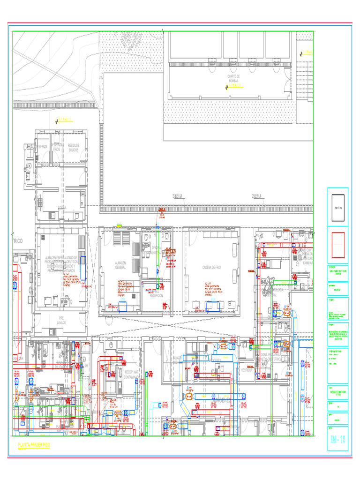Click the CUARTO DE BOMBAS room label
(x=233, y=78)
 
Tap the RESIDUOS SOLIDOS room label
(x=74, y=148)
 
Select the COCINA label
(x=62, y=207)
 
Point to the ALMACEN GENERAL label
(x=120, y=265)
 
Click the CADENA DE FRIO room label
(x=211, y=267)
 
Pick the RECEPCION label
(x=157, y=296)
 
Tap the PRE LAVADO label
(x=61, y=320)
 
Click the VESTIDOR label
(x=247, y=370)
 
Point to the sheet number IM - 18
(x=337, y=440)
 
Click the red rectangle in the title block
(x=337, y=245)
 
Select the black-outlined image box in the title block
(x=337, y=208)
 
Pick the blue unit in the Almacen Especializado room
(x=83, y=268)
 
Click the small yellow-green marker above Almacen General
(x=119, y=226)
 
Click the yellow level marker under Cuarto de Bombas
(x=233, y=86)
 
